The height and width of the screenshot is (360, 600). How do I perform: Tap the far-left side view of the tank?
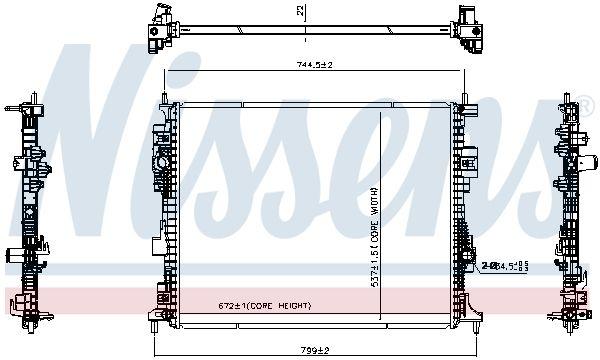click(x=27, y=210)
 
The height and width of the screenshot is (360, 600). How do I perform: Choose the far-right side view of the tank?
click(x=571, y=210)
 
